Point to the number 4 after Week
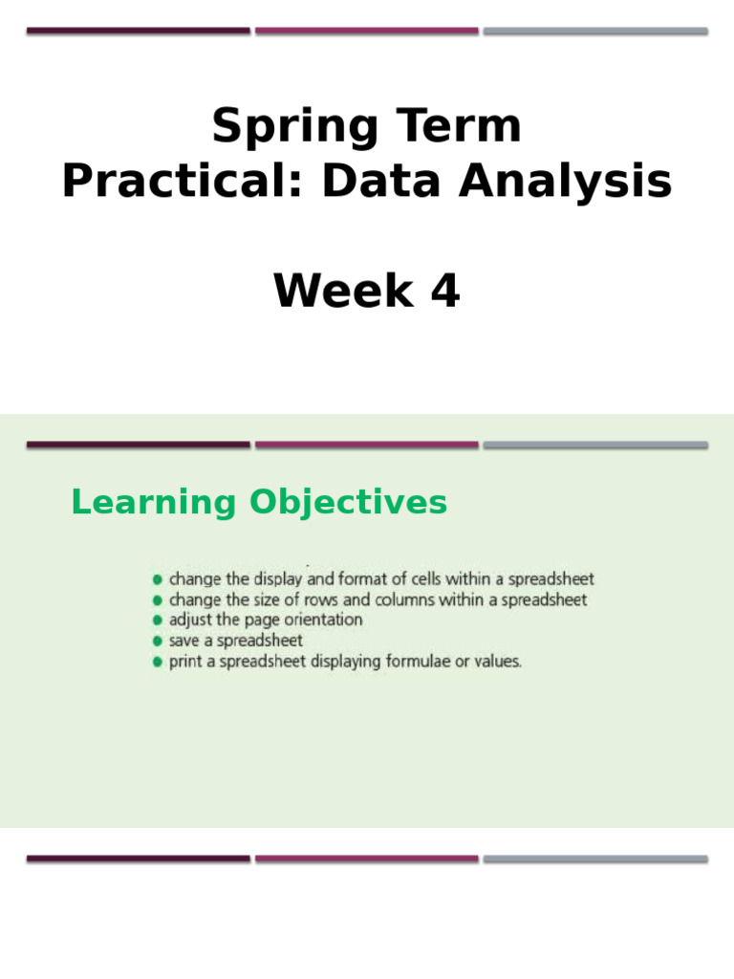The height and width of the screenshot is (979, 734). tap(444, 292)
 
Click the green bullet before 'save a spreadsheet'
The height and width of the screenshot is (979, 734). tap(158, 641)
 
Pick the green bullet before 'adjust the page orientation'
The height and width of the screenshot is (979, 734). tap(158, 620)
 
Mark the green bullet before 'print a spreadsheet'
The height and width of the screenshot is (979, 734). tap(158, 662)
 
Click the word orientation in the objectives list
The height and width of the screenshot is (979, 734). tap(321, 620)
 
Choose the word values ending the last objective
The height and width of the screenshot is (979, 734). tap(499, 661)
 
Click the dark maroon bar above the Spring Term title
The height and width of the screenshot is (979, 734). tap(139, 31)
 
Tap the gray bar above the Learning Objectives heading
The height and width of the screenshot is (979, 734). tap(595, 445)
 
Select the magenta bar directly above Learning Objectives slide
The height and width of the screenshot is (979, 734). tap(367, 445)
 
